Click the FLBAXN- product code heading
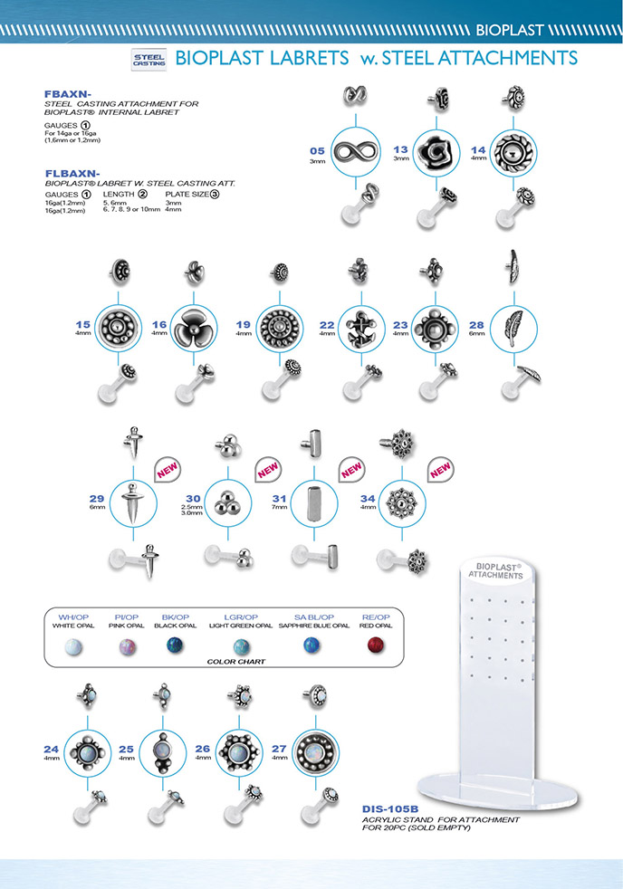72,171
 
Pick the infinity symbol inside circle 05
356,152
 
